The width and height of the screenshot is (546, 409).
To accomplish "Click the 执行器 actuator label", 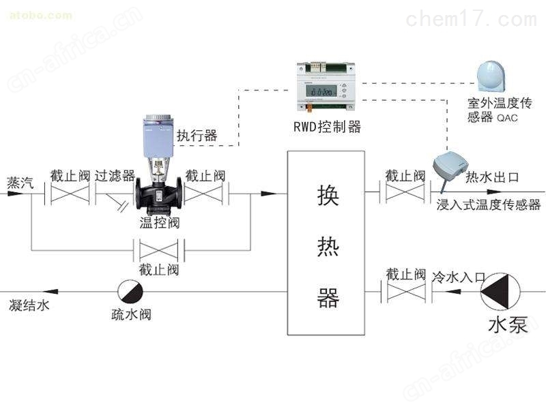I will [x=197, y=136].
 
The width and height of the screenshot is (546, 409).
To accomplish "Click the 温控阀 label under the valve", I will [x=160, y=222].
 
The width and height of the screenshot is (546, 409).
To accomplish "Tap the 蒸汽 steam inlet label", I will [x=20, y=183].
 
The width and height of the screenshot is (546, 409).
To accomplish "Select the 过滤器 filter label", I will [x=115, y=176].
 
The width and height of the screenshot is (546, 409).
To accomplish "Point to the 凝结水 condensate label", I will [x=29, y=305].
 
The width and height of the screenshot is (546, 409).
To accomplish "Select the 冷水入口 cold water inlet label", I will [x=458, y=277].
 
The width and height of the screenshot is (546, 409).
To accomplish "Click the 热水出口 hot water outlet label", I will [x=491, y=177].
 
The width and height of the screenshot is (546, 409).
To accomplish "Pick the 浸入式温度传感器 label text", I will [x=488, y=204].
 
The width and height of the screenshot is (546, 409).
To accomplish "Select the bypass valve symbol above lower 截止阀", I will [x=158, y=249].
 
